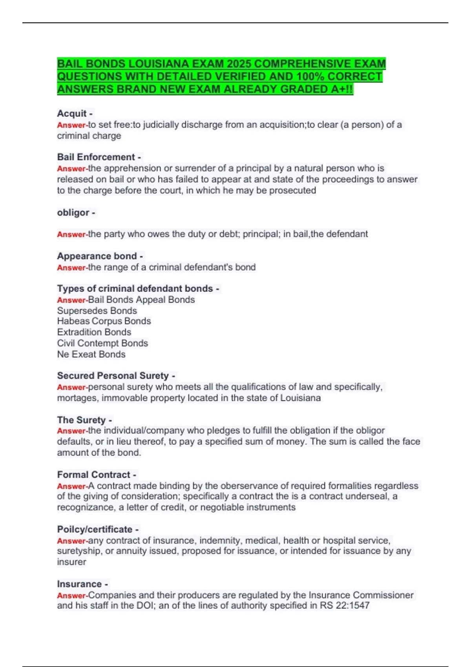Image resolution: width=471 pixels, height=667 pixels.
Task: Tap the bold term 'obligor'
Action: (73, 213)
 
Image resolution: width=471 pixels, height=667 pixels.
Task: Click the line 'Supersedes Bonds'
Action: (97, 311)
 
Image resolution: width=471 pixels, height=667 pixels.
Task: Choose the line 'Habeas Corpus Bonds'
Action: (104, 321)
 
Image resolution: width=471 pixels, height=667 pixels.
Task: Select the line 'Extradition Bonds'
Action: (94, 332)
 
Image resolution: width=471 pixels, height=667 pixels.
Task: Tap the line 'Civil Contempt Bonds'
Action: (102, 343)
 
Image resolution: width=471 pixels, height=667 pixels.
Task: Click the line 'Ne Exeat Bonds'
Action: (91, 354)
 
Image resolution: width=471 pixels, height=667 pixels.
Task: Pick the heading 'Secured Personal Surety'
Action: (113, 375)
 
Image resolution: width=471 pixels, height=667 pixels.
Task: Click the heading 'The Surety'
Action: (81, 420)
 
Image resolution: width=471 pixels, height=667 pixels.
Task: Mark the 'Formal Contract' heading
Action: (93, 475)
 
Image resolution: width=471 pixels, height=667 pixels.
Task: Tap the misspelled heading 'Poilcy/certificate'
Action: (95, 529)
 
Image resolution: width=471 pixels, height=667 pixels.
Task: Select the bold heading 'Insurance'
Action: (79, 584)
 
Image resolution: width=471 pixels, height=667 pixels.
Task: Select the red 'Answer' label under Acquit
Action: (71, 125)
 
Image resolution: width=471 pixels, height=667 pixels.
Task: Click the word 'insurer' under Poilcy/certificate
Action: (71, 562)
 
